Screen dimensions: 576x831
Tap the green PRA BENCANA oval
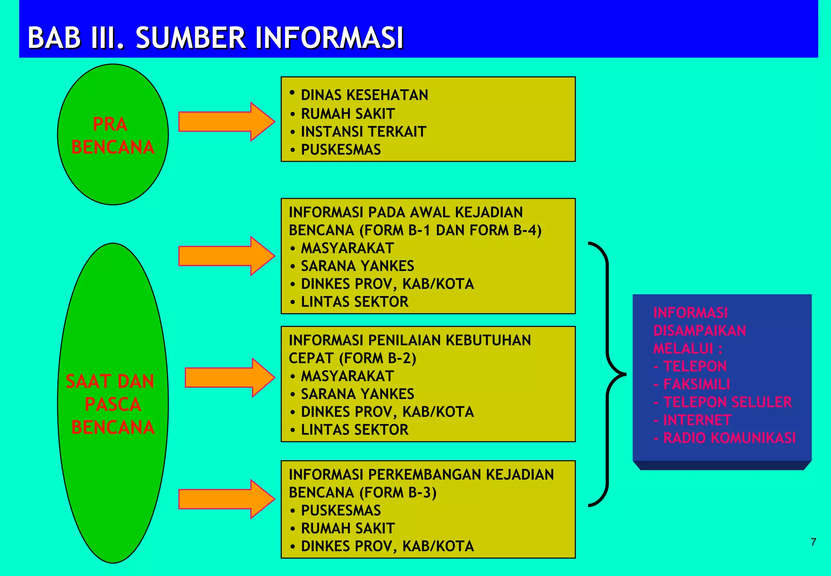click(x=113, y=134)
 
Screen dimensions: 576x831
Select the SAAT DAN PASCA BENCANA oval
click(x=113, y=403)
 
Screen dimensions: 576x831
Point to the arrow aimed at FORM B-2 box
click(x=229, y=377)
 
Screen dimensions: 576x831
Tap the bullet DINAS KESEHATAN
click(x=364, y=95)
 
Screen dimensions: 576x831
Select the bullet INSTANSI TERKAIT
click(x=363, y=132)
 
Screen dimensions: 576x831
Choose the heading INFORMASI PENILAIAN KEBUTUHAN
click(x=409, y=340)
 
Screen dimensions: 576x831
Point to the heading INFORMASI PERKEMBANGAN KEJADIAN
click(x=421, y=474)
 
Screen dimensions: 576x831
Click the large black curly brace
click(x=607, y=374)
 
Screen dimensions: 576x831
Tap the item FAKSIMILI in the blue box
click(x=696, y=384)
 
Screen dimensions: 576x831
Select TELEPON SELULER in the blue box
click(x=727, y=402)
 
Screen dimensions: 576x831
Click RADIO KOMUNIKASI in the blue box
click(x=729, y=438)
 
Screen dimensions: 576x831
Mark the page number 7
click(x=813, y=542)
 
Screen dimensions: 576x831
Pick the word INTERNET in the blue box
click(x=697, y=420)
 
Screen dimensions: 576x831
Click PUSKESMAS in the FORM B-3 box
click(x=340, y=510)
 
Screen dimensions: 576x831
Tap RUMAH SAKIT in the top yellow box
click(x=348, y=114)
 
